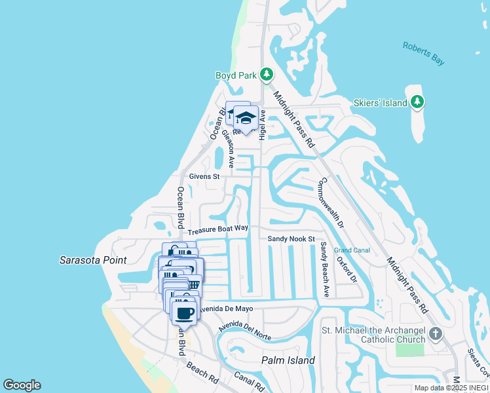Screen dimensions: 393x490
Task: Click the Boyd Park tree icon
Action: click(x=267, y=74)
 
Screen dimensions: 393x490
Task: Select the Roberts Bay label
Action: click(x=423, y=53)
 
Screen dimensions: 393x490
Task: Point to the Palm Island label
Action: click(x=288, y=360)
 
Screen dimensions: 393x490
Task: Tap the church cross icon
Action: click(x=436, y=335)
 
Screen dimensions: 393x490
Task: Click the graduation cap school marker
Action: click(x=246, y=118)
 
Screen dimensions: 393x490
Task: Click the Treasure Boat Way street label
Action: click(x=218, y=230)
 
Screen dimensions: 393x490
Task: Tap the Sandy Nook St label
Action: click(x=292, y=239)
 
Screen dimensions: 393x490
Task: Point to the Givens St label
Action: click(x=204, y=176)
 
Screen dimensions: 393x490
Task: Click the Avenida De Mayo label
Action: click(x=227, y=309)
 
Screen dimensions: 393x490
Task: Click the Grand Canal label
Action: click(x=352, y=250)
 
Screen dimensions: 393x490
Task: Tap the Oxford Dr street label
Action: click(x=347, y=269)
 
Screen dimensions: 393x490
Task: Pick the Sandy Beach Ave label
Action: click(x=324, y=269)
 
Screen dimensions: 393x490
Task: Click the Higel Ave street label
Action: click(x=262, y=124)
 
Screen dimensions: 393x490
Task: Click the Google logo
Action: click(x=22, y=385)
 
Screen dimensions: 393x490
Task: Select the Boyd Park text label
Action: click(x=236, y=75)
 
